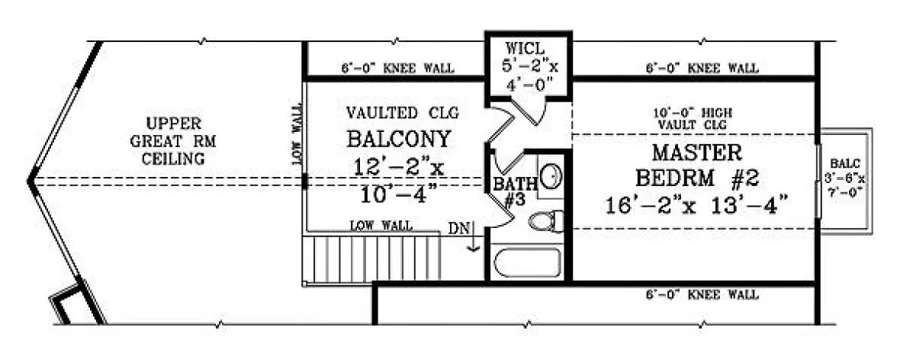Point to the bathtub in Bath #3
coord(526,264)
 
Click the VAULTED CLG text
coord(402,114)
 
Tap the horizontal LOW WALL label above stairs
coord(381,226)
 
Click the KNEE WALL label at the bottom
coord(702,294)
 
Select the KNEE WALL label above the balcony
coord(397,69)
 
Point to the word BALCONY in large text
coord(400,140)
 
